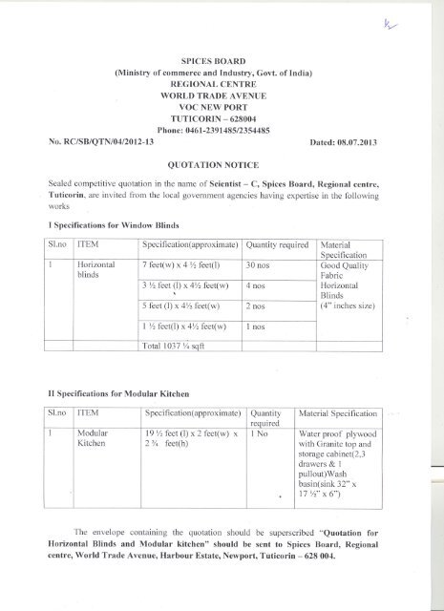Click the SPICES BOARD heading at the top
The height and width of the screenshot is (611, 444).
[222, 59]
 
